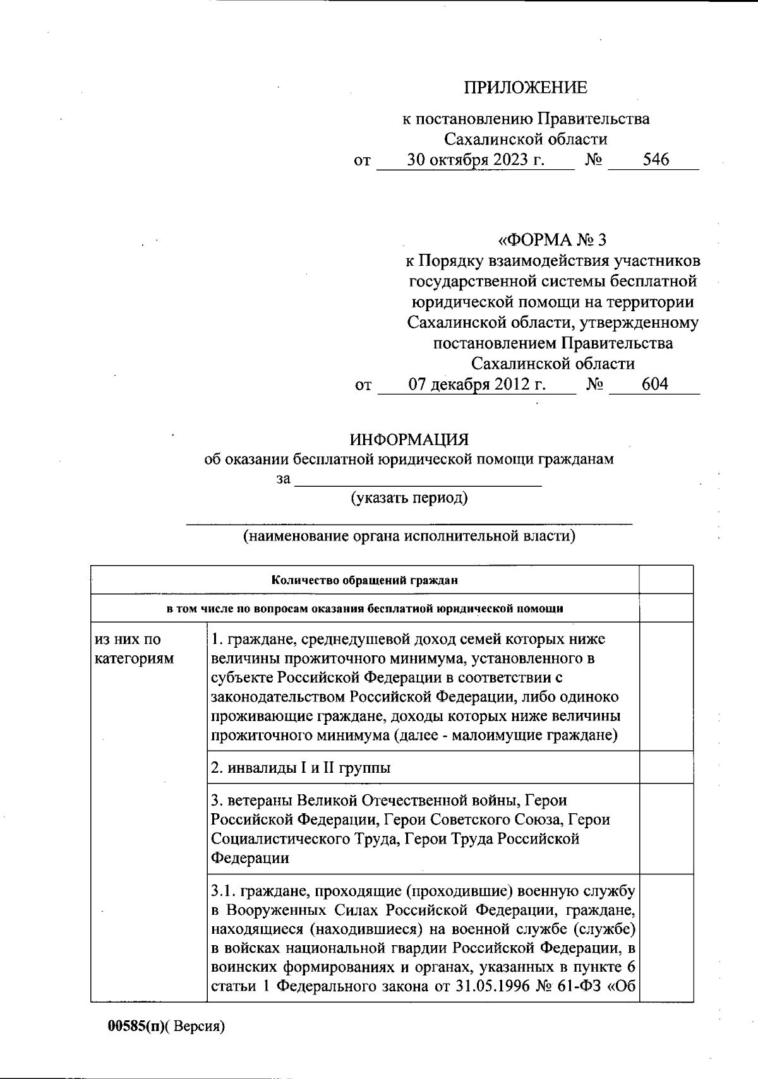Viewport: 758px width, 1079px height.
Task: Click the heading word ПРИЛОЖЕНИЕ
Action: pos(526,88)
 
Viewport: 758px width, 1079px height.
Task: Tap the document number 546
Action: pos(656,160)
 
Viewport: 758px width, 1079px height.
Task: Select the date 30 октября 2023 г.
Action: pos(475,160)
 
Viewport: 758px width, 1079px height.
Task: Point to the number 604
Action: pos(654,384)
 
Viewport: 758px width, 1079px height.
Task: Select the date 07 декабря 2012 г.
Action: pos(476,384)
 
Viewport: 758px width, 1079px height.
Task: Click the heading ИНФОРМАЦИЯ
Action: pos(409,439)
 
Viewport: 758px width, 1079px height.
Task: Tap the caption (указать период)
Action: pos(409,498)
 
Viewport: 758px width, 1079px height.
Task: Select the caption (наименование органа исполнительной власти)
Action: pos(409,537)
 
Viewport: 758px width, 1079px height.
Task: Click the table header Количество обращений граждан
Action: pos(364,580)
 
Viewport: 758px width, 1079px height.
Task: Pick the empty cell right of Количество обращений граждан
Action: pos(666,580)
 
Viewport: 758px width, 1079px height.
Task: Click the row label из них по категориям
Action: pos(134,649)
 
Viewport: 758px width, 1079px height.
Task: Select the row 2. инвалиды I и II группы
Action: pos(301,768)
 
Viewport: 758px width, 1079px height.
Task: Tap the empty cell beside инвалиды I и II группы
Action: pos(666,767)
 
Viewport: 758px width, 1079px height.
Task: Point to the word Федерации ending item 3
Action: pos(250,858)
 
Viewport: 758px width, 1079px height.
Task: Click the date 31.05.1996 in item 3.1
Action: pos(490,987)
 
